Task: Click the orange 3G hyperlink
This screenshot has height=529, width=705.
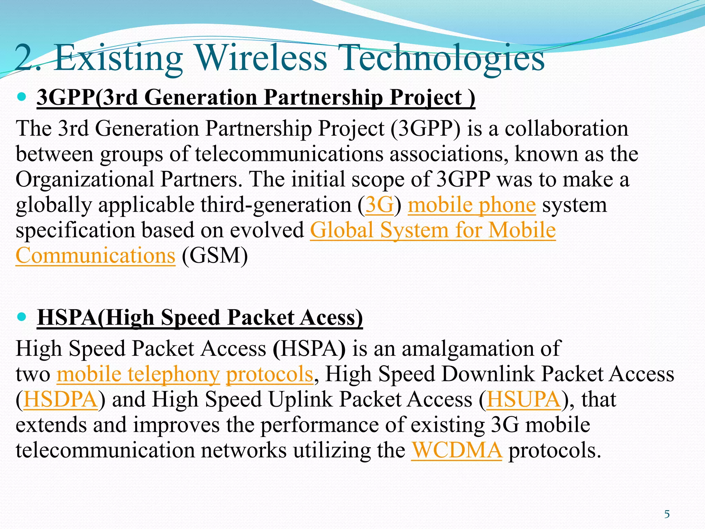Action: click(379, 205)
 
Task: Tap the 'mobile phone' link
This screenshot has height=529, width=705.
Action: click(472, 205)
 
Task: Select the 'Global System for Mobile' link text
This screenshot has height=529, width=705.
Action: click(433, 230)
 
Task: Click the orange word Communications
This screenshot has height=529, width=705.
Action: click(95, 256)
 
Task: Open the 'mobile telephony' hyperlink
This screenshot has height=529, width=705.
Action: click(138, 374)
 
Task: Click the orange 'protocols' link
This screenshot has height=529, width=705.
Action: click(270, 374)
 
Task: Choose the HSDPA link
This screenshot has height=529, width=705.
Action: click(61, 400)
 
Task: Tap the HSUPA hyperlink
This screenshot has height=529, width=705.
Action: click(524, 400)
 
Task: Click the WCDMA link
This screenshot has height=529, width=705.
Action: click(457, 450)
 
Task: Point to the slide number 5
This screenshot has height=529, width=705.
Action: click(667, 515)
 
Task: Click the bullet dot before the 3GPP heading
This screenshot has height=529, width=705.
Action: click(21, 97)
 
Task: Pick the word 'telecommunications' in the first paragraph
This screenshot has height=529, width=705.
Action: click(289, 154)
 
